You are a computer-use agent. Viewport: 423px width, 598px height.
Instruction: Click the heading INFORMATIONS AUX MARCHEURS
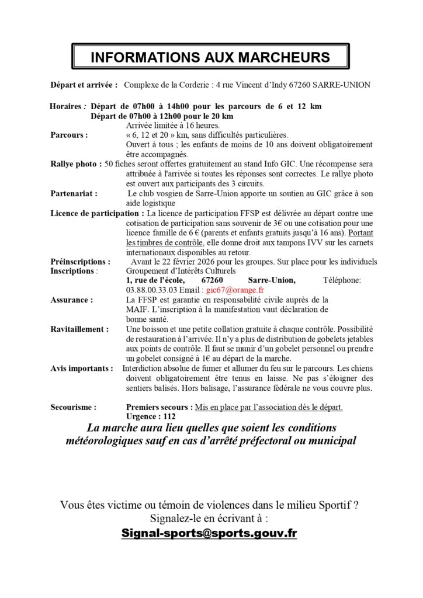(210, 57)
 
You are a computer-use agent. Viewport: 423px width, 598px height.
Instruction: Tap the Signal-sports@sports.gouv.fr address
(209, 533)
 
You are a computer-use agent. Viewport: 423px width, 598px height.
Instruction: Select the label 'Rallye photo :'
(77, 164)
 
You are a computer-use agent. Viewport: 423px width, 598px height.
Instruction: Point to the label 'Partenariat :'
(74, 192)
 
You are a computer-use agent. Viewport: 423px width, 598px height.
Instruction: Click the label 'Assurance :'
(72, 300)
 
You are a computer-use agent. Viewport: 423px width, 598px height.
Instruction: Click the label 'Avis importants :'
(82, 368)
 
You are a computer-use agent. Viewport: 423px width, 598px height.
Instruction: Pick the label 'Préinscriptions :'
(80, 262)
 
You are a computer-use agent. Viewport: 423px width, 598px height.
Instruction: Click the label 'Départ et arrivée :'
(84, 85)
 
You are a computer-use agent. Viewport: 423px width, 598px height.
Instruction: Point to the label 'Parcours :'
(70, 135)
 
